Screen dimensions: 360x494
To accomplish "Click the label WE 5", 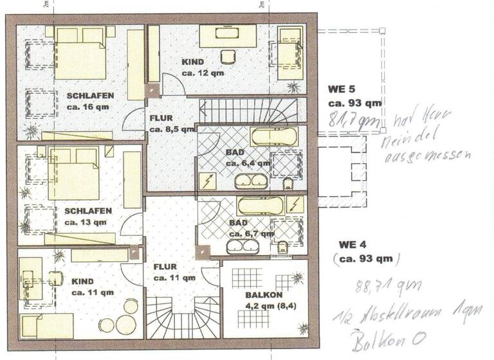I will tap(342, 89).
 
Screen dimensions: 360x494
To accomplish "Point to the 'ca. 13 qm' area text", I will tap(86, 222).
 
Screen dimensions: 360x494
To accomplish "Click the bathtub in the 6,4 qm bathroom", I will tap(273, 136).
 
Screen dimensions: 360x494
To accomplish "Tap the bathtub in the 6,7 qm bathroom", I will tap(264, 205).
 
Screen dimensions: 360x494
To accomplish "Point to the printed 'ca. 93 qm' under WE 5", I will tap(355, 103).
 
